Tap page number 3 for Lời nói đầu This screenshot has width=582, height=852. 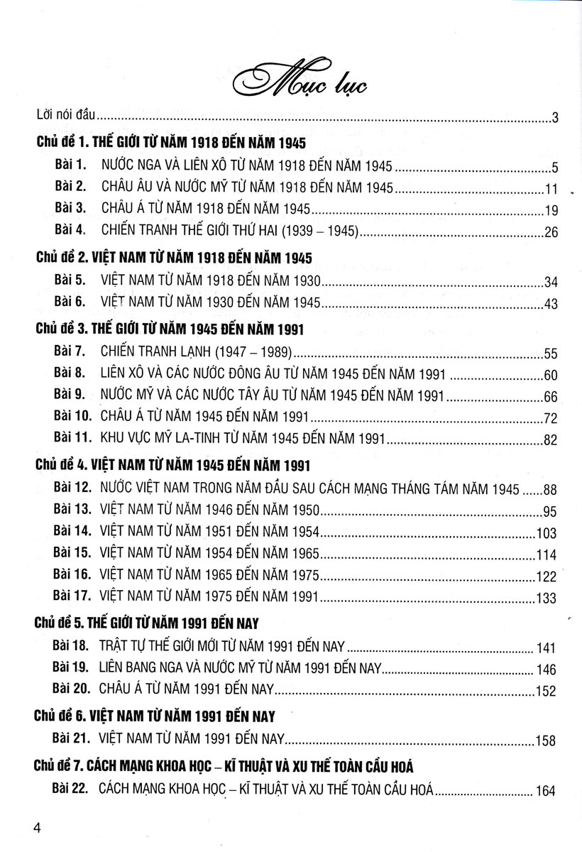coord(556,118)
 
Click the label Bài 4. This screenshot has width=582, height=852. coord(70,231)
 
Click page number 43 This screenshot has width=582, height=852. coord(551,303)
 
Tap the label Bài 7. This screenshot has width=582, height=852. coord(70,351)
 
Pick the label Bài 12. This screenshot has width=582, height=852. coord(72,488)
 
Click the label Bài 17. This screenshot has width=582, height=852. coord(72,597)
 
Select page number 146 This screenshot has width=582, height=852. coord(547,669)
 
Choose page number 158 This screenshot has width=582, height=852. coord(546,741)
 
